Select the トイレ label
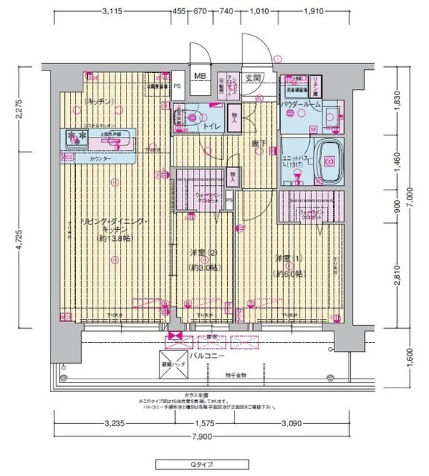212,126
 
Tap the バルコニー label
202,357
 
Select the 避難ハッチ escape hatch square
174,364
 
